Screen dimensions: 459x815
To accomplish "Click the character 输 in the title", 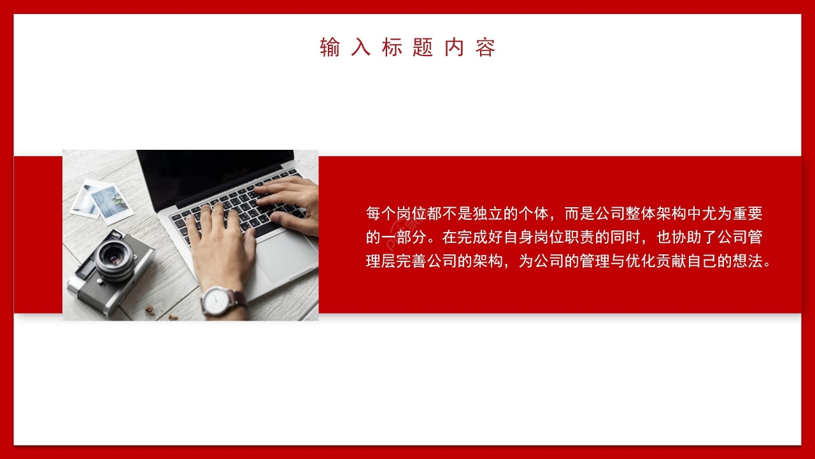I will coord(330,48).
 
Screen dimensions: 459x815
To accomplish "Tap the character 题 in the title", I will coord(423,48).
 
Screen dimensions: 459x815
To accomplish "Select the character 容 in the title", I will coord(485,48).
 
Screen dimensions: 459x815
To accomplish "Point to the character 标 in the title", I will coord(392,48).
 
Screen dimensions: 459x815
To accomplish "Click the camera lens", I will coord(115,256).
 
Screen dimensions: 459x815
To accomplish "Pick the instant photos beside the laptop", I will coord(102,200).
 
